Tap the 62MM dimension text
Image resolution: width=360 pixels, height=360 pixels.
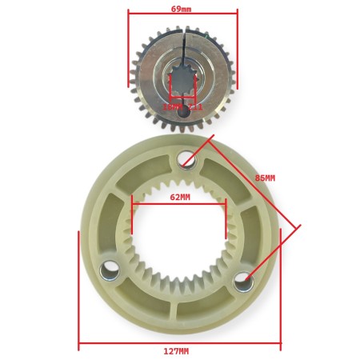[180, 197]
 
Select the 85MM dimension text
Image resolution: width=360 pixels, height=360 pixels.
[265, 177]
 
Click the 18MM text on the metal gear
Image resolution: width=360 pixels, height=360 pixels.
[170, 106]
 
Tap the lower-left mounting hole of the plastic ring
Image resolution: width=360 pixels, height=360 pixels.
[110, 274]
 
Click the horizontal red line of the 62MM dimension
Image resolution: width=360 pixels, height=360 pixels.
[180, 205]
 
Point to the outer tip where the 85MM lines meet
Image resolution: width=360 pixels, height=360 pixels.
[298, 226]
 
